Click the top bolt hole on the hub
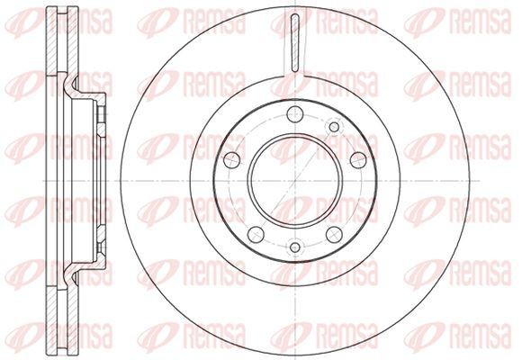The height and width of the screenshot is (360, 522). [x=295, y=114]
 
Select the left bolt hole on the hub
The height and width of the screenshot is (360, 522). [x=231, y=160]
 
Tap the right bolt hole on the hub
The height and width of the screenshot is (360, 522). [x=358, y=160]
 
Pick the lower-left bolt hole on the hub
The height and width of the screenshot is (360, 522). [x=256, y=234]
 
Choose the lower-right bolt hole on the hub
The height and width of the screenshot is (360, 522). [x=334, y=234]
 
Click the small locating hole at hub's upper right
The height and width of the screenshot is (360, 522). [x=334, y=127]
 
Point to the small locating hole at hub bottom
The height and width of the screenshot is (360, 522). [x=295, y=247]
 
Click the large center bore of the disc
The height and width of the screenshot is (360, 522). [x=295, y=181]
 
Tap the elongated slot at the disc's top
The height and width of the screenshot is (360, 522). [x=295, y=43]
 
